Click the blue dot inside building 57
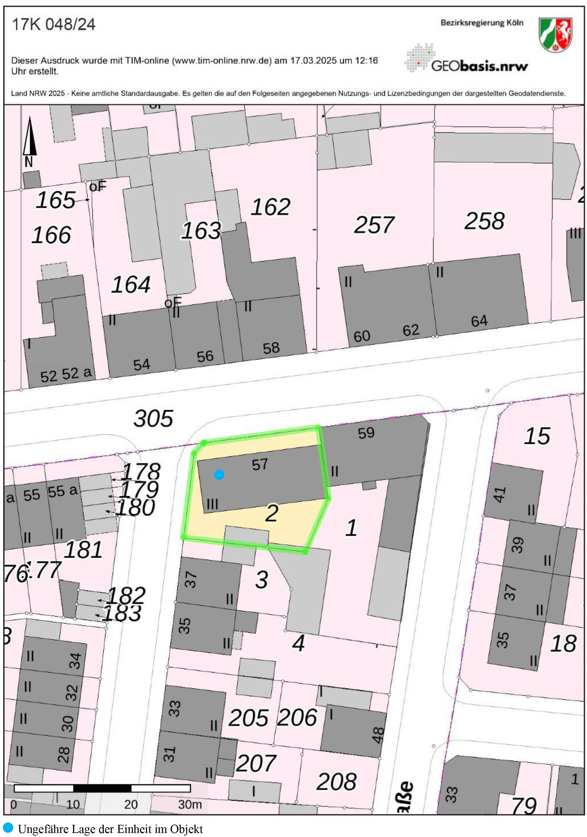[219, 474]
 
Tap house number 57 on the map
[260, 464]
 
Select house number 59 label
[366, 433]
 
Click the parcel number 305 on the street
[153, 418]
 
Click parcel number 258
[484, 221]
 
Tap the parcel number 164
[131, 284]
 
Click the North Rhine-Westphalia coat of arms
[555, 35]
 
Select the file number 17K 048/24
[54, 25]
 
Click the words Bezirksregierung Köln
[482, 23]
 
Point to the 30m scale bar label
[190, 804]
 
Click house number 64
[479, 321]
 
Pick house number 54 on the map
[142, 365]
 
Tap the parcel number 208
[336, 782]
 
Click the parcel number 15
[537, 436]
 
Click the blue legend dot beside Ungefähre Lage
[8, 827]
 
